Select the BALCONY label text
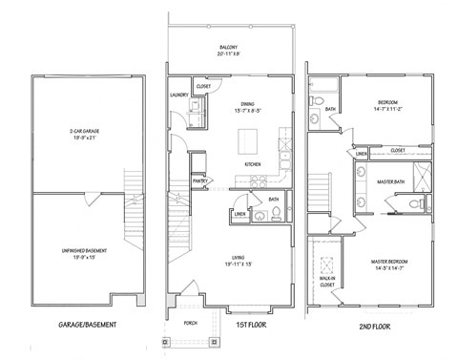click(226, 47)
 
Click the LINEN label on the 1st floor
click(239, 215)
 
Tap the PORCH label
click(189, 322)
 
